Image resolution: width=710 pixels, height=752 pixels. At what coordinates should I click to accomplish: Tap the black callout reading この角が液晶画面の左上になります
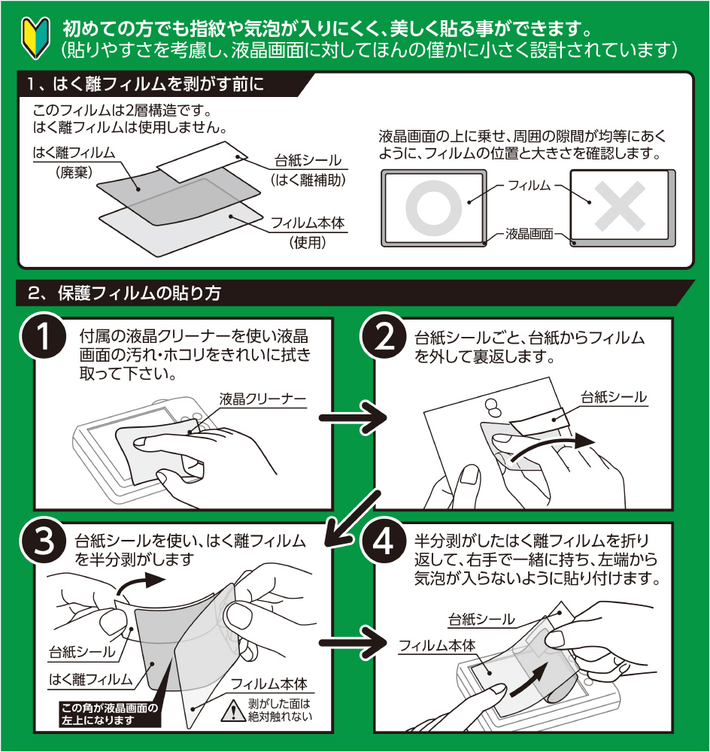[109, 714]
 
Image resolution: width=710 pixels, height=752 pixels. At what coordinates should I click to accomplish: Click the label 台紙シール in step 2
[614, 396]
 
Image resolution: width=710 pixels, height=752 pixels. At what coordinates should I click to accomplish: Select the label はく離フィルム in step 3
[90, 679]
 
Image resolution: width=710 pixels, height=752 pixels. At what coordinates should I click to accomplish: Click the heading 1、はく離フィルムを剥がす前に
[143, 83]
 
